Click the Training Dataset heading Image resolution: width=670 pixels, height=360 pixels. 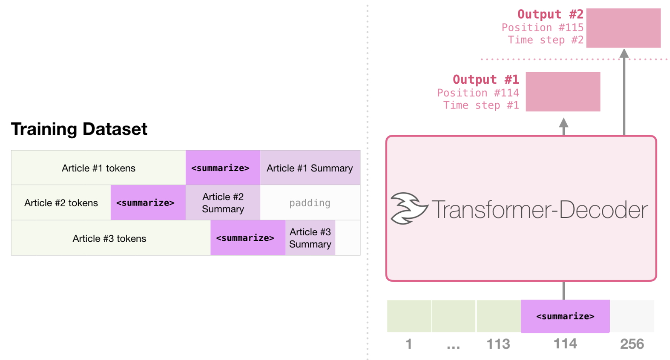[x=79, y=129]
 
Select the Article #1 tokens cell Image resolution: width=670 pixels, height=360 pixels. [x=98, y=168]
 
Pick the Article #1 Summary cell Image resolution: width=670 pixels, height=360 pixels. [x=310, y=168]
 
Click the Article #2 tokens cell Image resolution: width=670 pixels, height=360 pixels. [x=61, y=203]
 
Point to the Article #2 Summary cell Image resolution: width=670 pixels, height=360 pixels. [x=223, y=203]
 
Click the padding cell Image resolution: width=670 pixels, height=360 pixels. [x=310, y=203]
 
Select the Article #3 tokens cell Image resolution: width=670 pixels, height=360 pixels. [x=110, y=238]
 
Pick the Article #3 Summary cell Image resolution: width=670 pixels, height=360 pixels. [x=310, y=238]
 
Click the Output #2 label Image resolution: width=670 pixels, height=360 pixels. [x=550, y=14]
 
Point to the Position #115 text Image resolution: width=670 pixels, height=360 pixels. [x=542, y=27]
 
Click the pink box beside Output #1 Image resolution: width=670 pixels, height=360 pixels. [x=563, y=92]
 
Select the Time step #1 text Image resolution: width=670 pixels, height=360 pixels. [x=481, y=105]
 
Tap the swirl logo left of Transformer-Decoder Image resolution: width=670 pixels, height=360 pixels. [x=409, y=208]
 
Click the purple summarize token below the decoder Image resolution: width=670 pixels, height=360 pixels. [x=565, y=316]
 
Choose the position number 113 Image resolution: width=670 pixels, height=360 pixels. [x=498, y=344]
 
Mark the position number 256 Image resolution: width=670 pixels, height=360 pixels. [x=632, y=344]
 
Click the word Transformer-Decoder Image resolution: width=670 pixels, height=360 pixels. [x=540, y=209]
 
